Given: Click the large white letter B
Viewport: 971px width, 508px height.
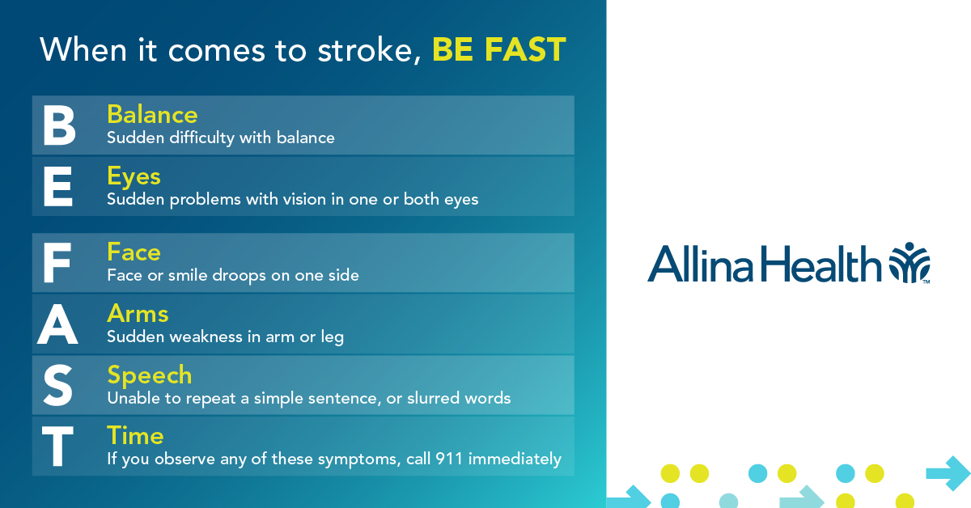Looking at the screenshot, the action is point(59,125).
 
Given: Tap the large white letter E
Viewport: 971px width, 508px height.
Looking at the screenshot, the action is point(57,187).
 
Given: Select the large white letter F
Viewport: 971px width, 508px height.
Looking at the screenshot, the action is point(57,263).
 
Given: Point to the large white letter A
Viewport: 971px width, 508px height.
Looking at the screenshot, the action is point(57,324).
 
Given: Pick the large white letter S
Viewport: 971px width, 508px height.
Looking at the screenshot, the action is point(58,385).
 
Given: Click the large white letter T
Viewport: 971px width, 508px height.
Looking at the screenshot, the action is point(57,446).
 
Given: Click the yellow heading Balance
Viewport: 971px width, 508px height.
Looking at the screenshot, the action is point(152,114).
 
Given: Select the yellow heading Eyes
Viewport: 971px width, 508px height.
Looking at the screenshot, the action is point(134,177).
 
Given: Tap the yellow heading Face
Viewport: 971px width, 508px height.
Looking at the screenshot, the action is point(134,252).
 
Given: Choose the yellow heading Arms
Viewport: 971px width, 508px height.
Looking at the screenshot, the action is point(138,313).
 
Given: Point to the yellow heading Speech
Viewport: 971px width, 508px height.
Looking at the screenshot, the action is point(149,376).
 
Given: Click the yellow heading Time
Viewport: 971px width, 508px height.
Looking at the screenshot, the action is point(135,436).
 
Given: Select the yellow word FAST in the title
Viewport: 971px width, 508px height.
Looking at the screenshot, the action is point(525,49).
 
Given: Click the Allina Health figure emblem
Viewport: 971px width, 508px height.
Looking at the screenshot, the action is point(909,263).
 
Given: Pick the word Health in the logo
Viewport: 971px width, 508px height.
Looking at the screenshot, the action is point(821,264).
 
